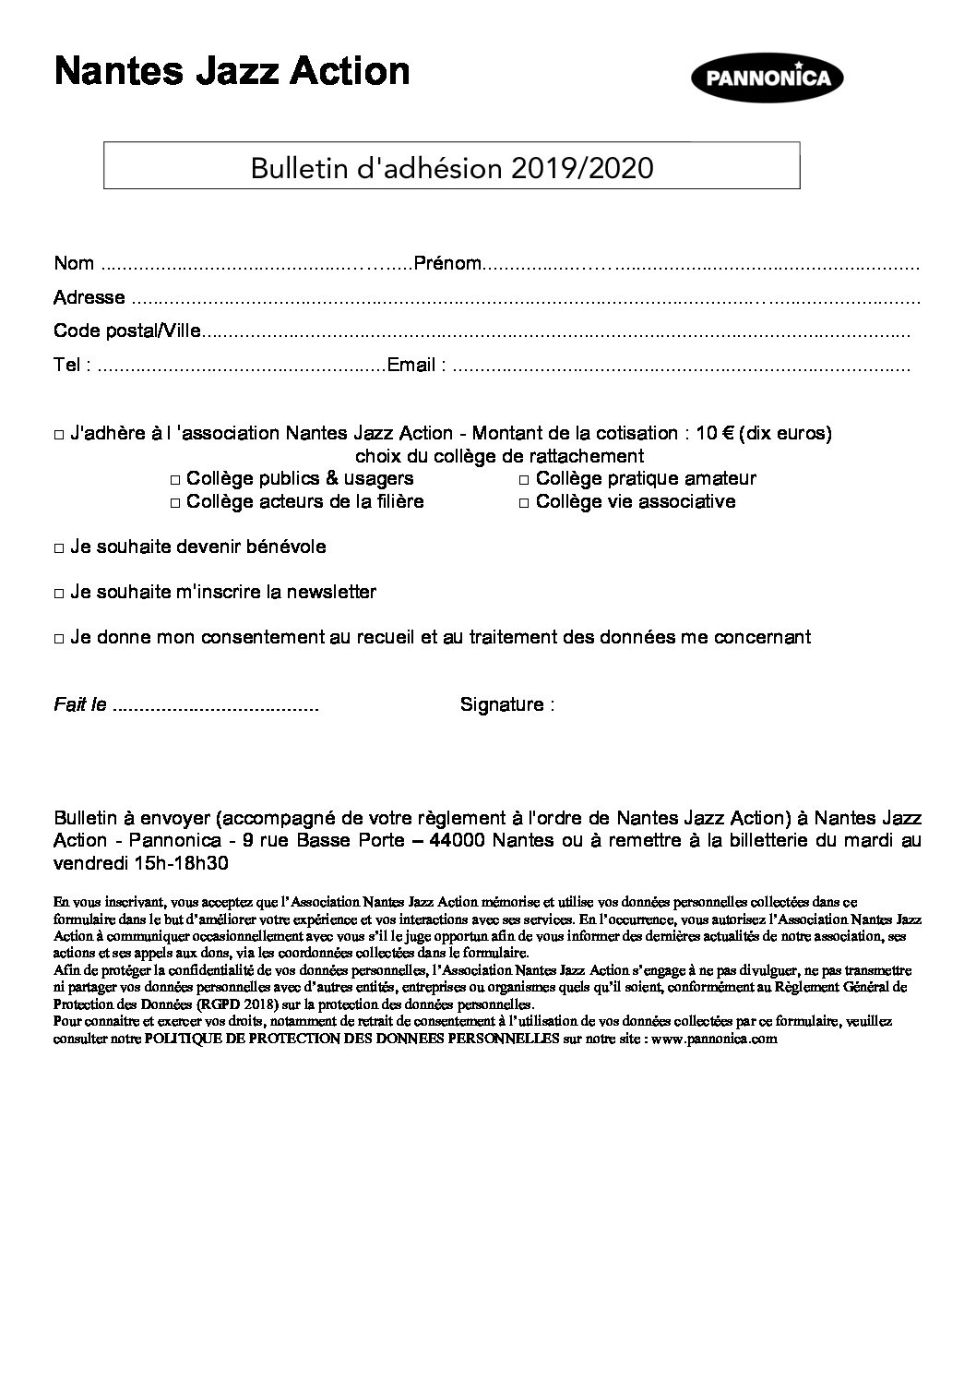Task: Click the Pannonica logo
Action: (768, 78)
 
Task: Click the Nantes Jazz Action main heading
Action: (232, 71)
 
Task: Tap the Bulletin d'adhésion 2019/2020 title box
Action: (451, 167)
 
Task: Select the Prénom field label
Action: (447, 264)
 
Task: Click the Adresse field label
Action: (89, 297)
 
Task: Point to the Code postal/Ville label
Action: (126, 330)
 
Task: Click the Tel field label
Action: (72, 365)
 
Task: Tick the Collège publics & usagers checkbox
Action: (176, 480)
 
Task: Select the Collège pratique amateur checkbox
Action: (524, 480)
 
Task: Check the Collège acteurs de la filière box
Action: (176, 503)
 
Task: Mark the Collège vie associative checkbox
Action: (524, 503)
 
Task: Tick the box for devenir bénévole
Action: (60, 548)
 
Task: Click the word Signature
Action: (502, 705)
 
